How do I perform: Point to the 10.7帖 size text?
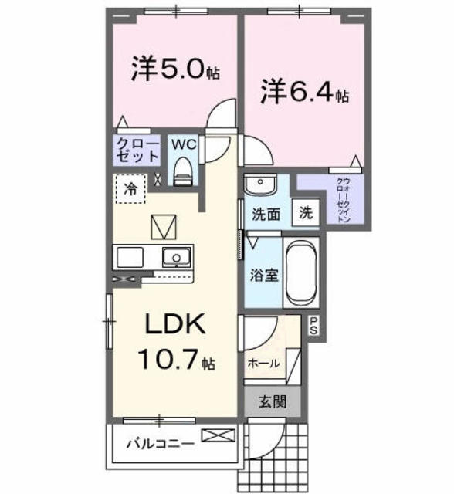tap(176, 360)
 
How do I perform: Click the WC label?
tap(183, 144)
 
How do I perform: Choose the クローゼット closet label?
tap(137, 150)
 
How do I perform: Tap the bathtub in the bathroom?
tap(301, 272)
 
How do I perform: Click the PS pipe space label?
tap(314, 325)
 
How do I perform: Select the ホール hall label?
tap(263, 363)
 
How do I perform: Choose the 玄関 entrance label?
tap(271, 401)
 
